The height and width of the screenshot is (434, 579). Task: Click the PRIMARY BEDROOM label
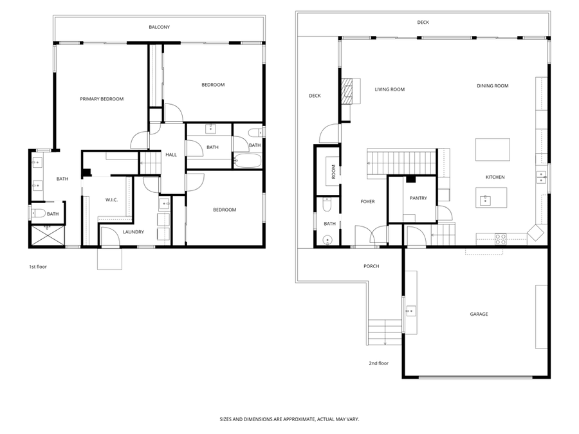(102, 99)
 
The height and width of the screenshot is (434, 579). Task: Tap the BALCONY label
(159, 27)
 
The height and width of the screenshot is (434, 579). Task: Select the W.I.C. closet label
(111, 200)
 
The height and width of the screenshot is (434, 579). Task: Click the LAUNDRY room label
(133, 231)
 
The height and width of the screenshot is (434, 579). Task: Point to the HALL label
(171, 154)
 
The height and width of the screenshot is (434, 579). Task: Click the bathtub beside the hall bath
(248, 161)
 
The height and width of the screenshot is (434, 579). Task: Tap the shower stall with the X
(48, 235)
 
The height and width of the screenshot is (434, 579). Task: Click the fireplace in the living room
(347, 91)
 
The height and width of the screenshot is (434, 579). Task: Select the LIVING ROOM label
(390, 89)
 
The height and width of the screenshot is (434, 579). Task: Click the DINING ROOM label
(493, 86)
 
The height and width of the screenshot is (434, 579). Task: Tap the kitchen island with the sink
(491, 197)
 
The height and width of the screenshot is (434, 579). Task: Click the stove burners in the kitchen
(501, 239)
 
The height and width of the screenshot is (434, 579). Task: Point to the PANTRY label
(418, 198)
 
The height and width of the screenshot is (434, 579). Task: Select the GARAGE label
(479, 314)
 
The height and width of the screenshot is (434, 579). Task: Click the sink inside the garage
(410, 311)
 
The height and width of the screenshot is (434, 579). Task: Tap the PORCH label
(371, 266)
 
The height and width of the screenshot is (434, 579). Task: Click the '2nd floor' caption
(378, 363)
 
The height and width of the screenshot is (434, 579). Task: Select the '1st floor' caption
(38, 266)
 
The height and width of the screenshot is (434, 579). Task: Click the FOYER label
(367, 201)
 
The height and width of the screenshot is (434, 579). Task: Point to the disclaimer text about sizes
(289, 419)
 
